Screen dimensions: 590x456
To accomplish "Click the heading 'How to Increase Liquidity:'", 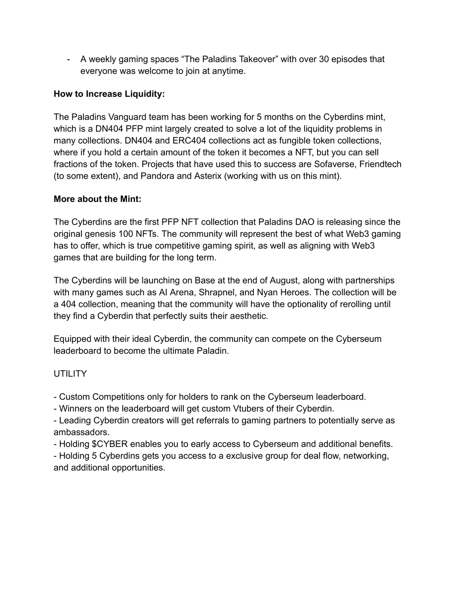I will coord(109,94).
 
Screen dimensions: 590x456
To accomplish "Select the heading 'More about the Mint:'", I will coord(97,199).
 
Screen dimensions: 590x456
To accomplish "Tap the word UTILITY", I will coord(70,374).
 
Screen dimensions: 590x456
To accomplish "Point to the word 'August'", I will coord(285,280).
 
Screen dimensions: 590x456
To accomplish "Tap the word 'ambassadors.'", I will coord(81,432).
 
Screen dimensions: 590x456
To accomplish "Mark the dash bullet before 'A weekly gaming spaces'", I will coord(69,59).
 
